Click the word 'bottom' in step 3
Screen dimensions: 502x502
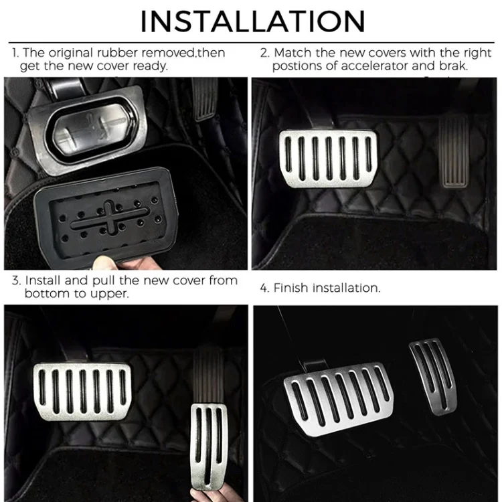coord(45,293)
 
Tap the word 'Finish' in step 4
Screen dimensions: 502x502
coord(290,288)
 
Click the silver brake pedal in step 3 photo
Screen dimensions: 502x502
coord(81,389)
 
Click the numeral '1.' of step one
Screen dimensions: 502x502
coord(15,53)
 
